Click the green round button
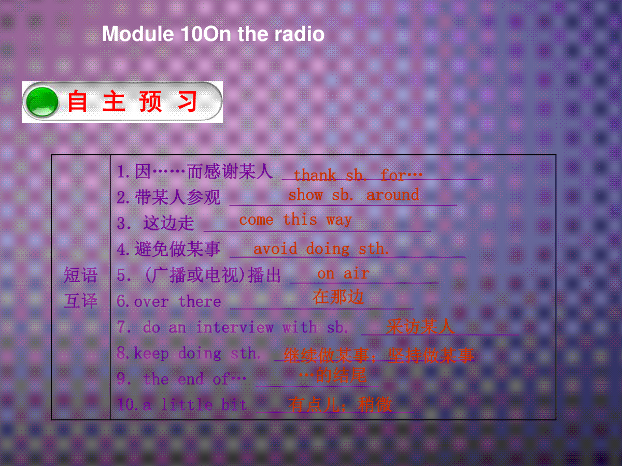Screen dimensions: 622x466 [42, 102]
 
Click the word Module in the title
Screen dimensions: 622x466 [138, 34]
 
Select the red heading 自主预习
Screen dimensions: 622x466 [132, 101]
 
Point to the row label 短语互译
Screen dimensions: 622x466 [81, 287]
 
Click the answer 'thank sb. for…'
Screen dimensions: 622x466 [358, 175]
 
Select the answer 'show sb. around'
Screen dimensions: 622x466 [354, 195]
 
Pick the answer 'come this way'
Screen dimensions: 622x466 [295, 220]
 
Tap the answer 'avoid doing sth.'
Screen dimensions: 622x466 [321, 249]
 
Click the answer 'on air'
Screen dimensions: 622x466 [343, 273]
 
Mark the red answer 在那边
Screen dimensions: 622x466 [338, 297]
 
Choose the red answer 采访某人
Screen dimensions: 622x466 [420, 327]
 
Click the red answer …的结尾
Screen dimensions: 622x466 [333, 375]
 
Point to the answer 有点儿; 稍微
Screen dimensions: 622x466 [340, 404]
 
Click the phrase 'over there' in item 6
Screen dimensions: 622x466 [178, 301]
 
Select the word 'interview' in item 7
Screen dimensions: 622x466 [235, 327]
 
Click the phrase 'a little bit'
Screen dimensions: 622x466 [195, 404]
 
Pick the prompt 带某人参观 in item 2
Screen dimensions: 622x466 [178, 197]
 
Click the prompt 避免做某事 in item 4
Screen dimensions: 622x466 [178, 249]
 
